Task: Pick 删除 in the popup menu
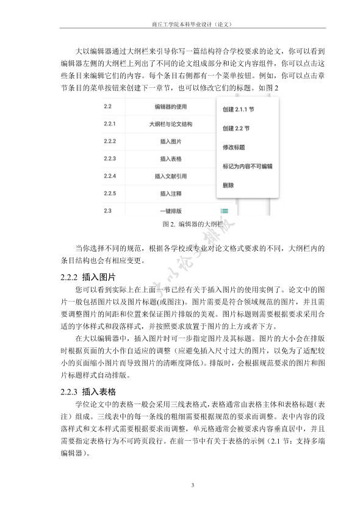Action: [x=228, y=184]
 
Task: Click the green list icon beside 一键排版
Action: [x=225, y=211]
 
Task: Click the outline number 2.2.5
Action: [x=110, y=194]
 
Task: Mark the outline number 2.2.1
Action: [x=110, y=124]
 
